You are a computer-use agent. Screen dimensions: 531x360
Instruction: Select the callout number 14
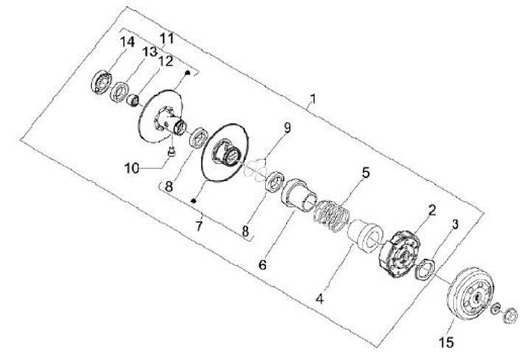click(127, 42)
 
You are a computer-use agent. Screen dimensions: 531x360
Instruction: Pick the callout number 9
click(286, 128)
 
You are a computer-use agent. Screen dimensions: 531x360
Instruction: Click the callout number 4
click(319, 299)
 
